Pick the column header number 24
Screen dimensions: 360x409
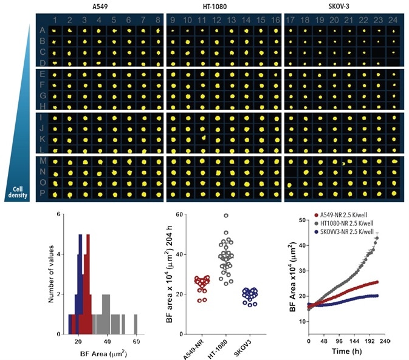pos(393,21)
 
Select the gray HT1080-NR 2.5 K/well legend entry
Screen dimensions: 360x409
pos(354,222)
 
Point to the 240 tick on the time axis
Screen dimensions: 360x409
pos(384,342)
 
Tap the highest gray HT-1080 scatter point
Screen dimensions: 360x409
pos(225,216)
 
